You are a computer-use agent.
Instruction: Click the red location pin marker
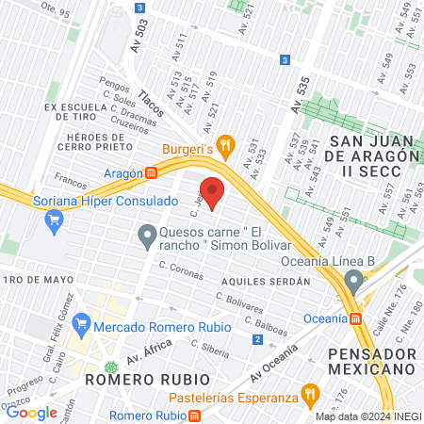click(x=212, y=193)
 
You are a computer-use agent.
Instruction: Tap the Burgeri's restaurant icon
click(x=223, y=145)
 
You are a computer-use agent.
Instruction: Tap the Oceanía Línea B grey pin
click(x=353, y=280)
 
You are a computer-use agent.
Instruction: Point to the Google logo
click(x=31, y=412)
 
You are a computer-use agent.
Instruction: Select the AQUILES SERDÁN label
click(x=266, y=282)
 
